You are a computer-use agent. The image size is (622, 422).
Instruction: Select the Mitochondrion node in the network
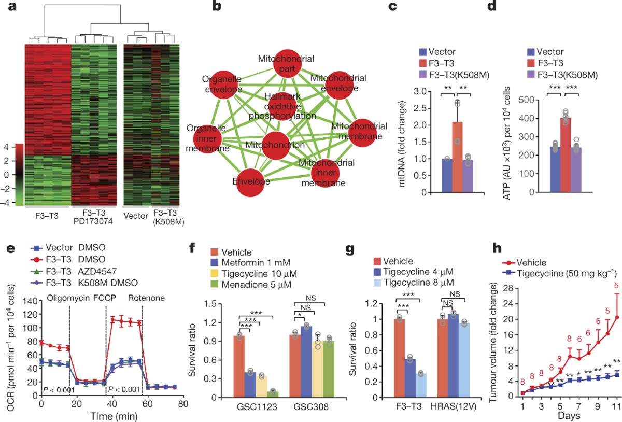click(282, 146)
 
